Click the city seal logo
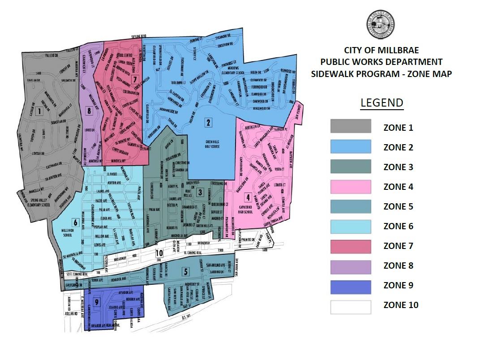[x=382, y=25]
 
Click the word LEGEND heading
[x=382, y=103]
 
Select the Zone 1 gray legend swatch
[x=351, y=127]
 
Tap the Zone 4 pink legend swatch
[x=351, y=186]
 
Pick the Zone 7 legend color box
[x=351, y=246]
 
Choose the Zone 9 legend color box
[x=351, y=285]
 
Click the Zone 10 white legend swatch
[x=351, y=306]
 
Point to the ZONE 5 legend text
[x=398, y=206]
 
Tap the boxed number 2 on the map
[x=208, y=122]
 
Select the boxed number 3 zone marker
[x=199, y=193]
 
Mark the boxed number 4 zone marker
[x=248, y=197]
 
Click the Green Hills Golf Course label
[x=208, y=147]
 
